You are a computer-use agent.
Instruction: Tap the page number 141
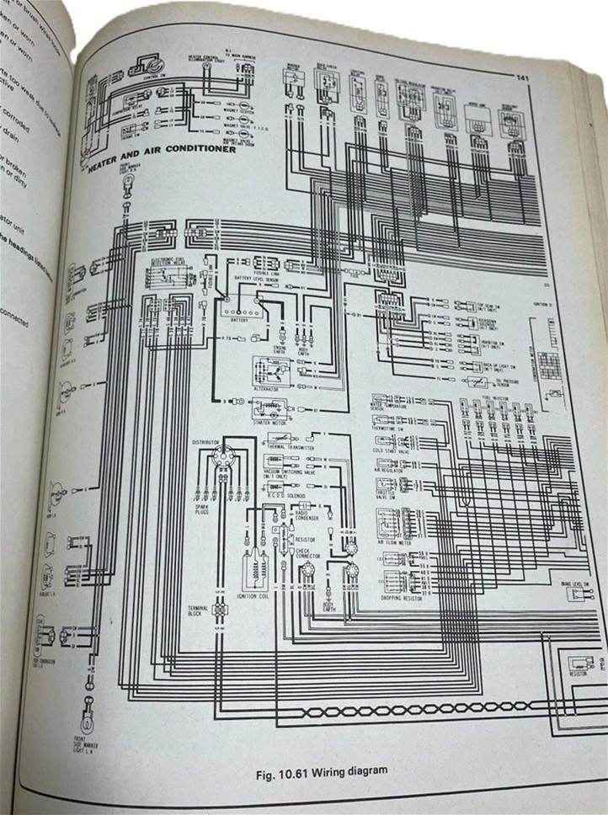pos(522,79)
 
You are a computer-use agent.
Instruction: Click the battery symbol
pos(239,311)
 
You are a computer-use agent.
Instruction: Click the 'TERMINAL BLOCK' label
pos(198,611)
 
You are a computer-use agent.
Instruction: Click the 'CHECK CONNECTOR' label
pos(308,551)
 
